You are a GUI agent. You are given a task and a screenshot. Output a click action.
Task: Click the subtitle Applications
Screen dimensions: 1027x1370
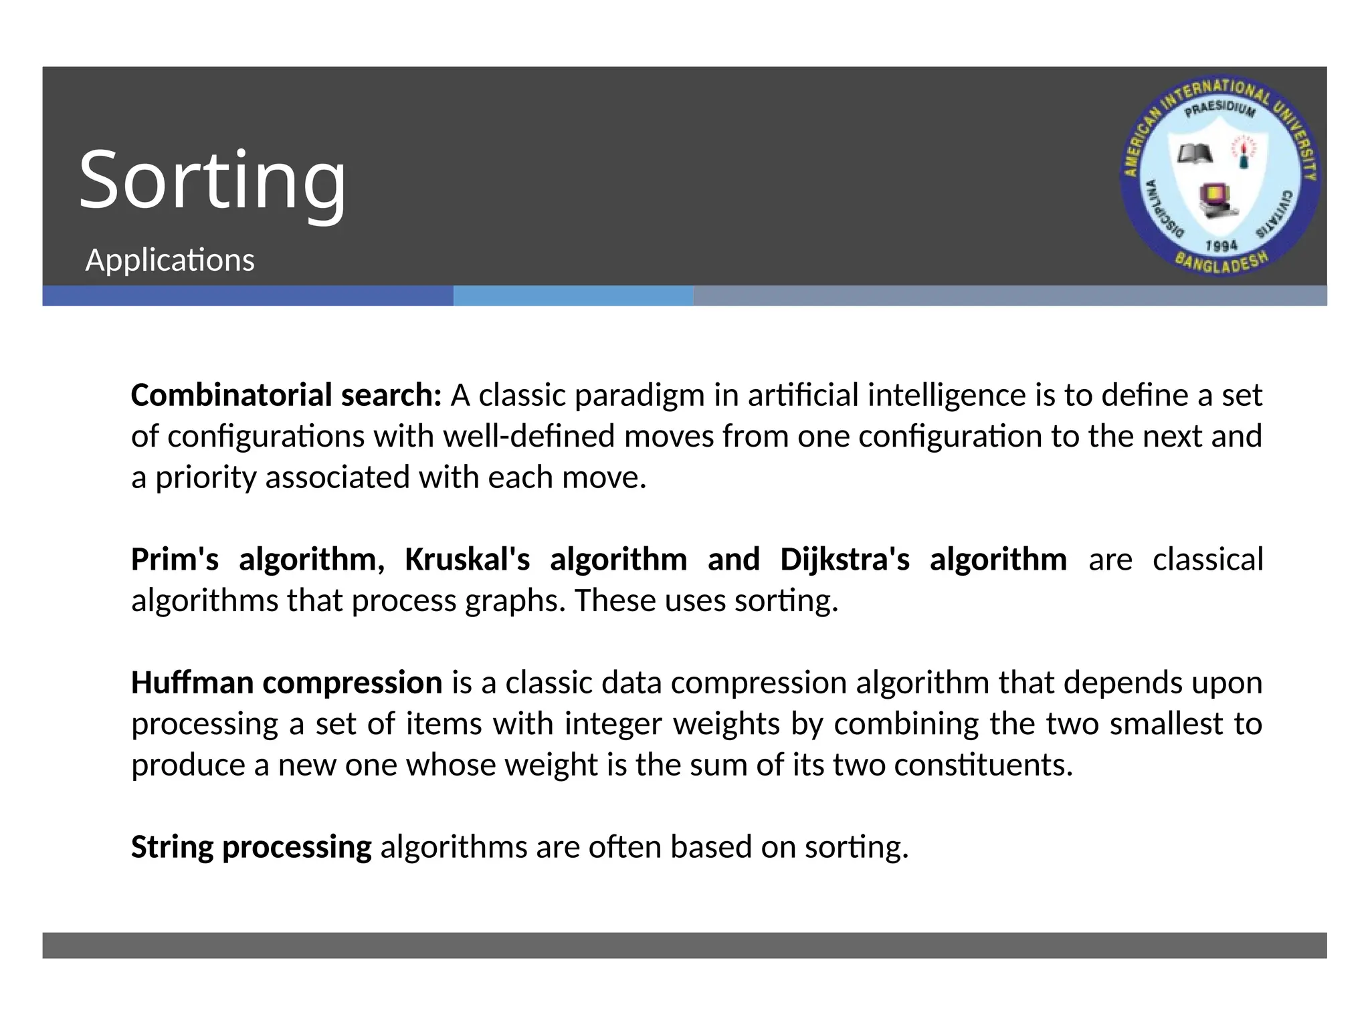pyautogui.click(x=170, y=260)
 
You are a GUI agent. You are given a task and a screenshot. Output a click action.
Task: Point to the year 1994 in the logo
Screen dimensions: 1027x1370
pyautogui.click(x=1221, y=246)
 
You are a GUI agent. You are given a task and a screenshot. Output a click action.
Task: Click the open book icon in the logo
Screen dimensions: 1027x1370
pyautogui.click(x=1195, y=154)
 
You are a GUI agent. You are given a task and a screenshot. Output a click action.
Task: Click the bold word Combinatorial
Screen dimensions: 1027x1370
pyautogui.click(x=231, y=395)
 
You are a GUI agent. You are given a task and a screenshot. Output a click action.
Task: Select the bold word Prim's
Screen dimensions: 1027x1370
pyautogui.click(x=175, y=560)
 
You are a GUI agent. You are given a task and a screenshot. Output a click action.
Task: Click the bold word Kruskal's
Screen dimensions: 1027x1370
pyautogui.click(x=467, y=560)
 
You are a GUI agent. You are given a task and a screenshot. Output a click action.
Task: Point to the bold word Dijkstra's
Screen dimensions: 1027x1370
pyautogui.click(x=844, y=560)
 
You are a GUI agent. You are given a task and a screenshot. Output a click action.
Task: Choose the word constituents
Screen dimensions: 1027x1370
pyautogui.click(x=983, y=766)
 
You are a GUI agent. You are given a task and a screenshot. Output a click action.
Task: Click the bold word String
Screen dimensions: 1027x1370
pyautogui.click(x=172, y=847)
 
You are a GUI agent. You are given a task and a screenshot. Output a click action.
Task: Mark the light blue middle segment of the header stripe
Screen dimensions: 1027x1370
pyautogui.click(x=573, y=296)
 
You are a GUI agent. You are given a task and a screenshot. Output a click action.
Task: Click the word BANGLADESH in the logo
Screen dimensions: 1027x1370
pyautogui.click(x=1221, y=263)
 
